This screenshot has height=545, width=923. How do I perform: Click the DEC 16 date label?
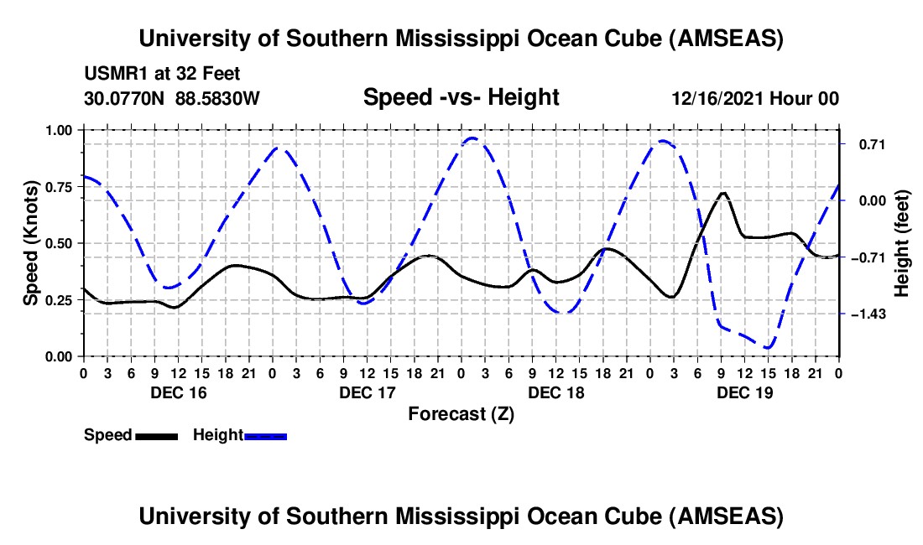pyautogui.click(x=179, y=392)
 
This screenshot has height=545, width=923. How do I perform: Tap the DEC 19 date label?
pyautogui.click(x=746, y=392)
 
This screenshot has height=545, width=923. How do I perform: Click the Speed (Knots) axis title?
pyautogui.click(x=31, y=243)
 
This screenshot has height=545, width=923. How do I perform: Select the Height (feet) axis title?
pyautogui.click(x=902, y=243)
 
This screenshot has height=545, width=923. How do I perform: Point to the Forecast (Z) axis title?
pyautogui.click(x=461, y=413)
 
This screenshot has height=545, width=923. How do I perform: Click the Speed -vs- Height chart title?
pyautogui.click(x=461, y=97)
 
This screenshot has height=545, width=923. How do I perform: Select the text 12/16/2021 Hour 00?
pyautogui.click(x=755, y=99)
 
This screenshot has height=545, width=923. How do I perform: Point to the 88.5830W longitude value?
pyautogui.click(x=217, y=99)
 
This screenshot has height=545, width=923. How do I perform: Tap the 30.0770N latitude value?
pyautogui.click(x=126, y=99)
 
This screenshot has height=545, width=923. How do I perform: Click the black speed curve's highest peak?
pyautogui.click(x=722, y=193)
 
